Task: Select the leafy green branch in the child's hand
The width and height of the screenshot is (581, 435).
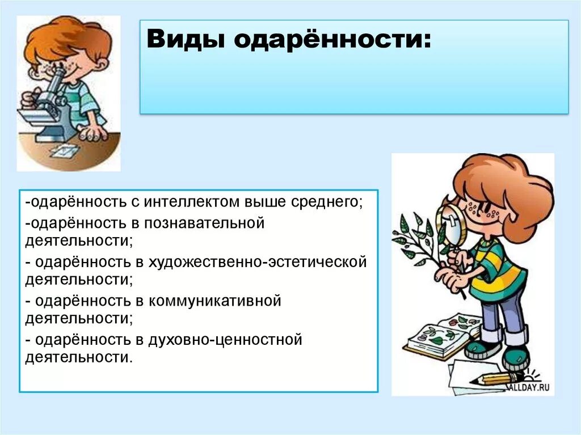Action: coord(417,238)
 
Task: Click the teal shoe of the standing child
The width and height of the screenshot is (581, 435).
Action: coord(515,357)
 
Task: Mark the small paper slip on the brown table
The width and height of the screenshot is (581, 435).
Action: coord(64,150)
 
